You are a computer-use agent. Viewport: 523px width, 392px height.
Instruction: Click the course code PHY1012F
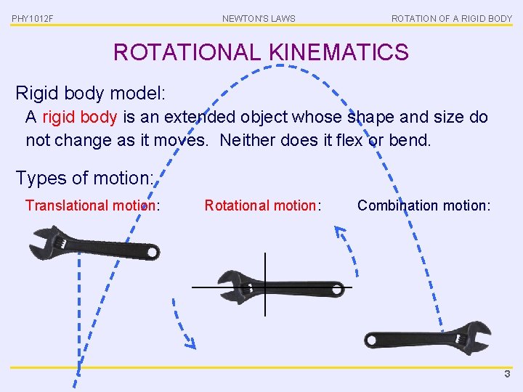pyautogui.click(x=33, y=18)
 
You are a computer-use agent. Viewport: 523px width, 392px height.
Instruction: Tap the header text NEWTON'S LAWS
pyautogui.click(x=259, y=18)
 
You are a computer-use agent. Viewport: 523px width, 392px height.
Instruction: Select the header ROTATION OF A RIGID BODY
pyautogui.click(x=451, y=18)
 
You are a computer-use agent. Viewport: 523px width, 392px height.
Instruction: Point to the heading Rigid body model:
pyautogui.click(x=91, y=94)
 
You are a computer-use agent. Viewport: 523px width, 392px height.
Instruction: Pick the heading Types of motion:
pyautogui.click(x=84, y=178)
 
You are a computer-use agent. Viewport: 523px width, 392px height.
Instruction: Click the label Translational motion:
pyautogui.click(x=92, y=205)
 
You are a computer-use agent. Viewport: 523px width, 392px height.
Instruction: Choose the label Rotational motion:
pyautogui.click(x=262, y=205)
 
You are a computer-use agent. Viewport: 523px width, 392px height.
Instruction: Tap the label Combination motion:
pyautogui.click(x=423, y=205)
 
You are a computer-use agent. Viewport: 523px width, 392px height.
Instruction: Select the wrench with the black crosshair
pyautogui.click(x=280, y=287)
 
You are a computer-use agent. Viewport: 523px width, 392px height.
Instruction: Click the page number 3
pyautogui.click(x=508, y=375)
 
